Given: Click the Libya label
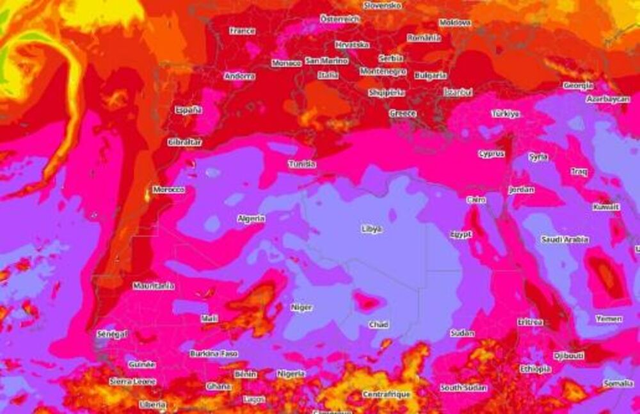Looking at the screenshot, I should point(372,228).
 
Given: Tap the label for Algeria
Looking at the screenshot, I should point(251,218).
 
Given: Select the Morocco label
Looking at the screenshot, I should point(169,190).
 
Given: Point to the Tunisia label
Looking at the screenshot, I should point(301,164).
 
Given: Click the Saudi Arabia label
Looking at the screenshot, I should point(564,239).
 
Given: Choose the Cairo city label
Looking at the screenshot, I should point(476,200).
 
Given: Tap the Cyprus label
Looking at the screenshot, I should point(491,154).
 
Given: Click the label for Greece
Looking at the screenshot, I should point(403,113).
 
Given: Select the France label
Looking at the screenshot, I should point(242,31).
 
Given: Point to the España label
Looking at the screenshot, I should point(189,109).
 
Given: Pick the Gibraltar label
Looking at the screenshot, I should point(184,141).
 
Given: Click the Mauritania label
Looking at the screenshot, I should point(154,285).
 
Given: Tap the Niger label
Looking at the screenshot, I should point(301,307).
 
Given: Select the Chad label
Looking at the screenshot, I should point(378,324).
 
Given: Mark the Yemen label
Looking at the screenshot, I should point(608,318).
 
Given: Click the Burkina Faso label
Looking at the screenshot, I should point(214,353).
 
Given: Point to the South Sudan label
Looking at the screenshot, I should point(463,387).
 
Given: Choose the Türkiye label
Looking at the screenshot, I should point(505,113).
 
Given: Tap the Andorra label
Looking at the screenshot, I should point(239,76).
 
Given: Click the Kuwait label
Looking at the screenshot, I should point(605,207).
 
